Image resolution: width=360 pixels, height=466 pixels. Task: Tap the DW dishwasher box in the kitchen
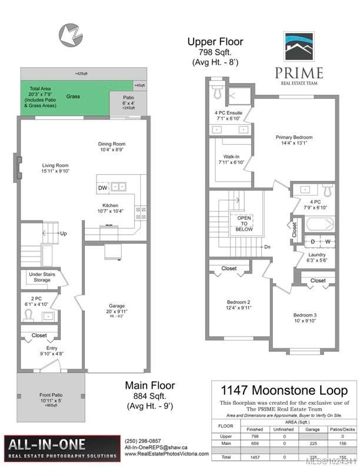pos(103,187)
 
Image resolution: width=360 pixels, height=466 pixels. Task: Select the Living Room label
pos(55,165)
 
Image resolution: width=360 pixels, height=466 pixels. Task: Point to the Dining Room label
pos(112,144)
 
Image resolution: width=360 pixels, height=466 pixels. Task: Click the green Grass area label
pos(73,96)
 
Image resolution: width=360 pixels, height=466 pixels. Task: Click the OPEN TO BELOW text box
pos(244,224)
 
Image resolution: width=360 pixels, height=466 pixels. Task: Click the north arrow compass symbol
pos(69,34)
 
